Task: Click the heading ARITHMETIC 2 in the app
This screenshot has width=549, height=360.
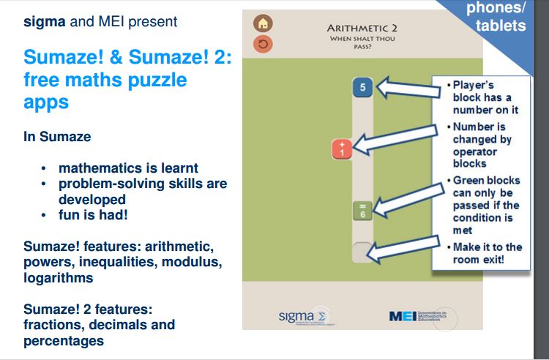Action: click(356, 28)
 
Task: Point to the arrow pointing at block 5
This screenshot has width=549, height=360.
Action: click(403, 89)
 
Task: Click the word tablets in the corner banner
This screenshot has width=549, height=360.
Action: click(500, 25)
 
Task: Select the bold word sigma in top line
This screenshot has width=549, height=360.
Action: click(43, 21)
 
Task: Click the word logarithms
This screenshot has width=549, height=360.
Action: click(59, 277)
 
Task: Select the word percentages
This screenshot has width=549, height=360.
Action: click(64, 340)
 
